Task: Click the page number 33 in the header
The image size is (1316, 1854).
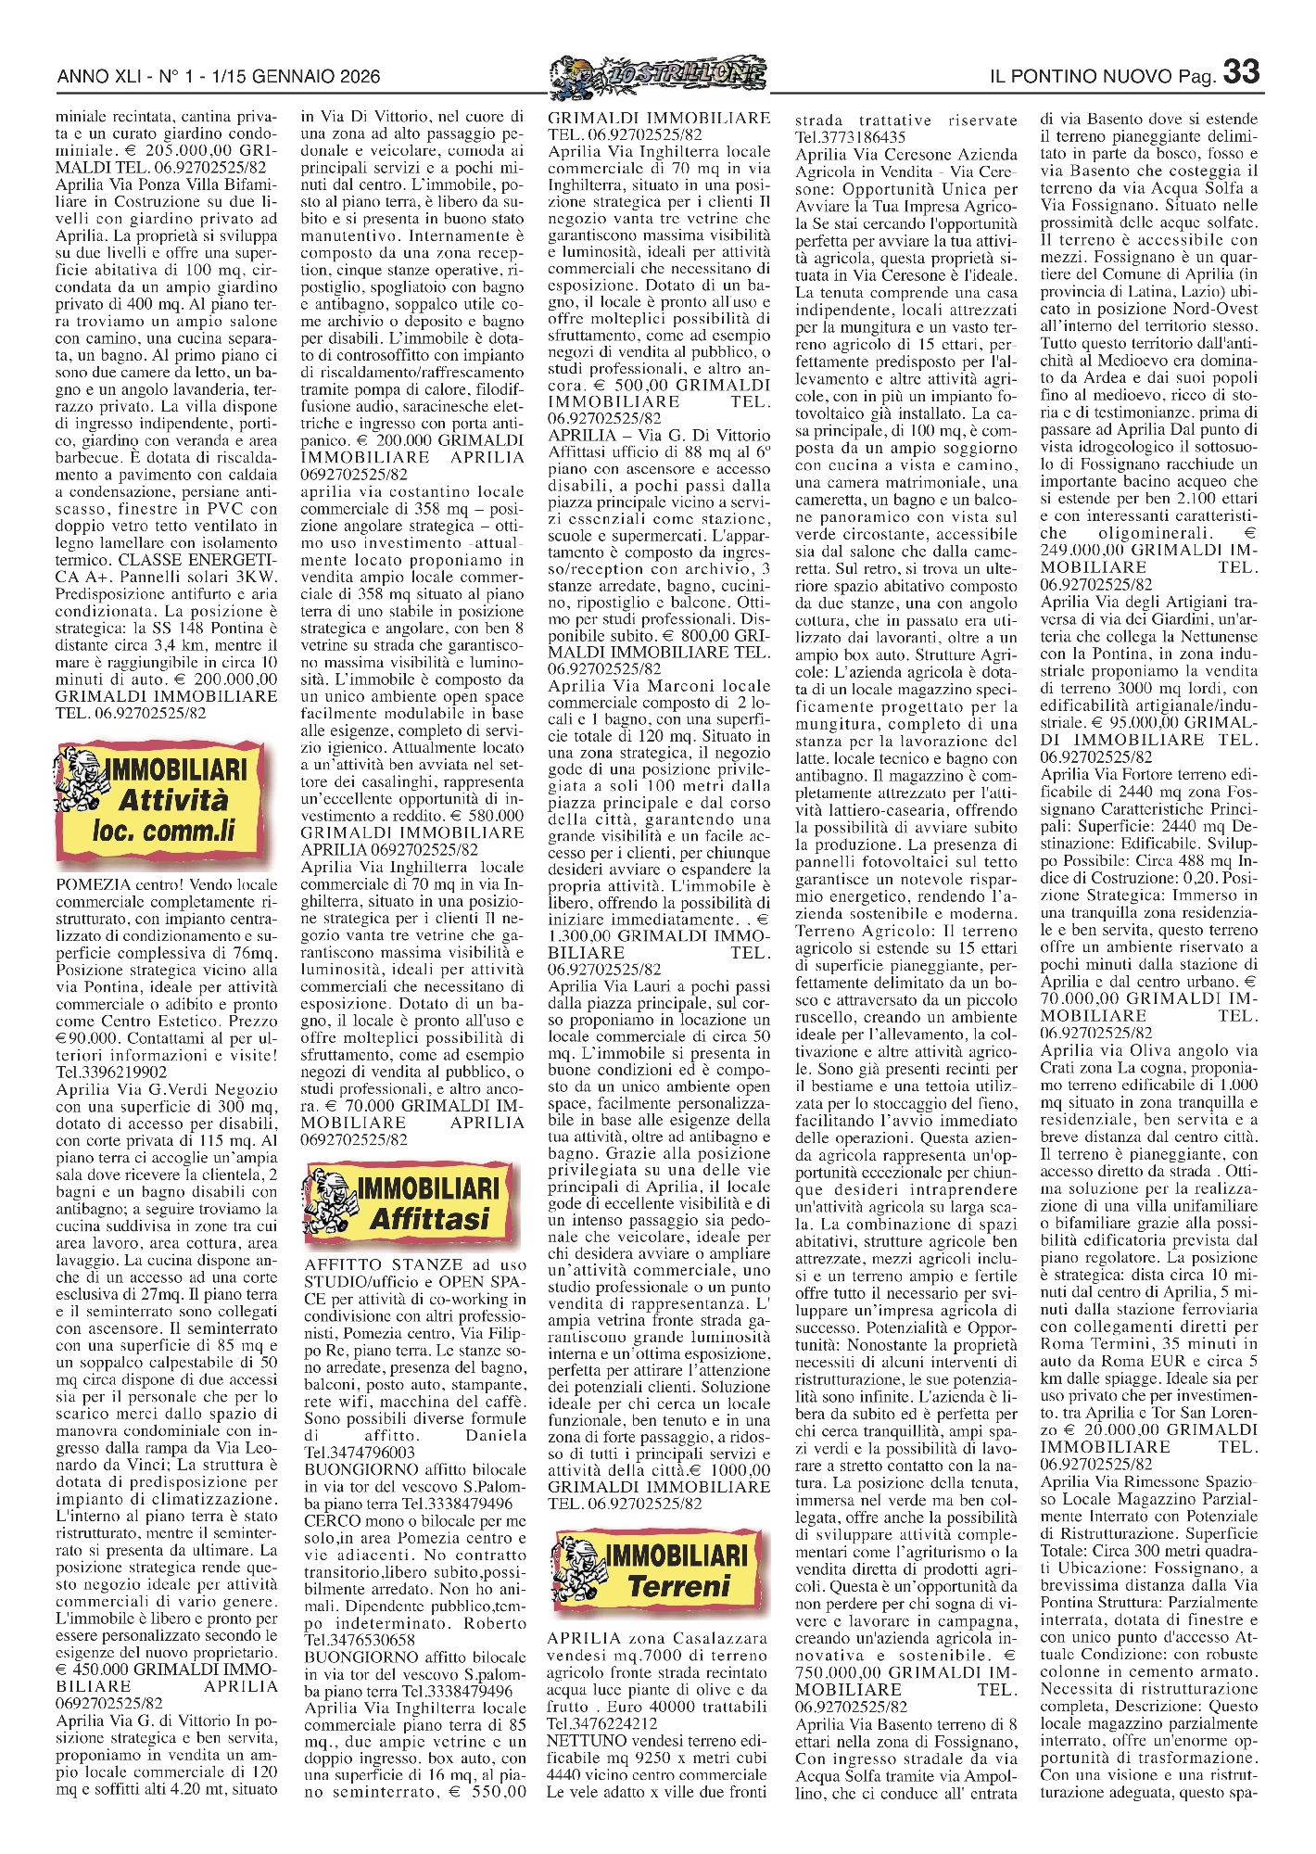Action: pos(1242,72)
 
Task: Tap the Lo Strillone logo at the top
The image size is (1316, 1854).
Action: pos(658,73)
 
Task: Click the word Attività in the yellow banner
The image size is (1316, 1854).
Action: pos(172,800)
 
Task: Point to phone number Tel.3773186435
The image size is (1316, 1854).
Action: pos(850,137)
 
